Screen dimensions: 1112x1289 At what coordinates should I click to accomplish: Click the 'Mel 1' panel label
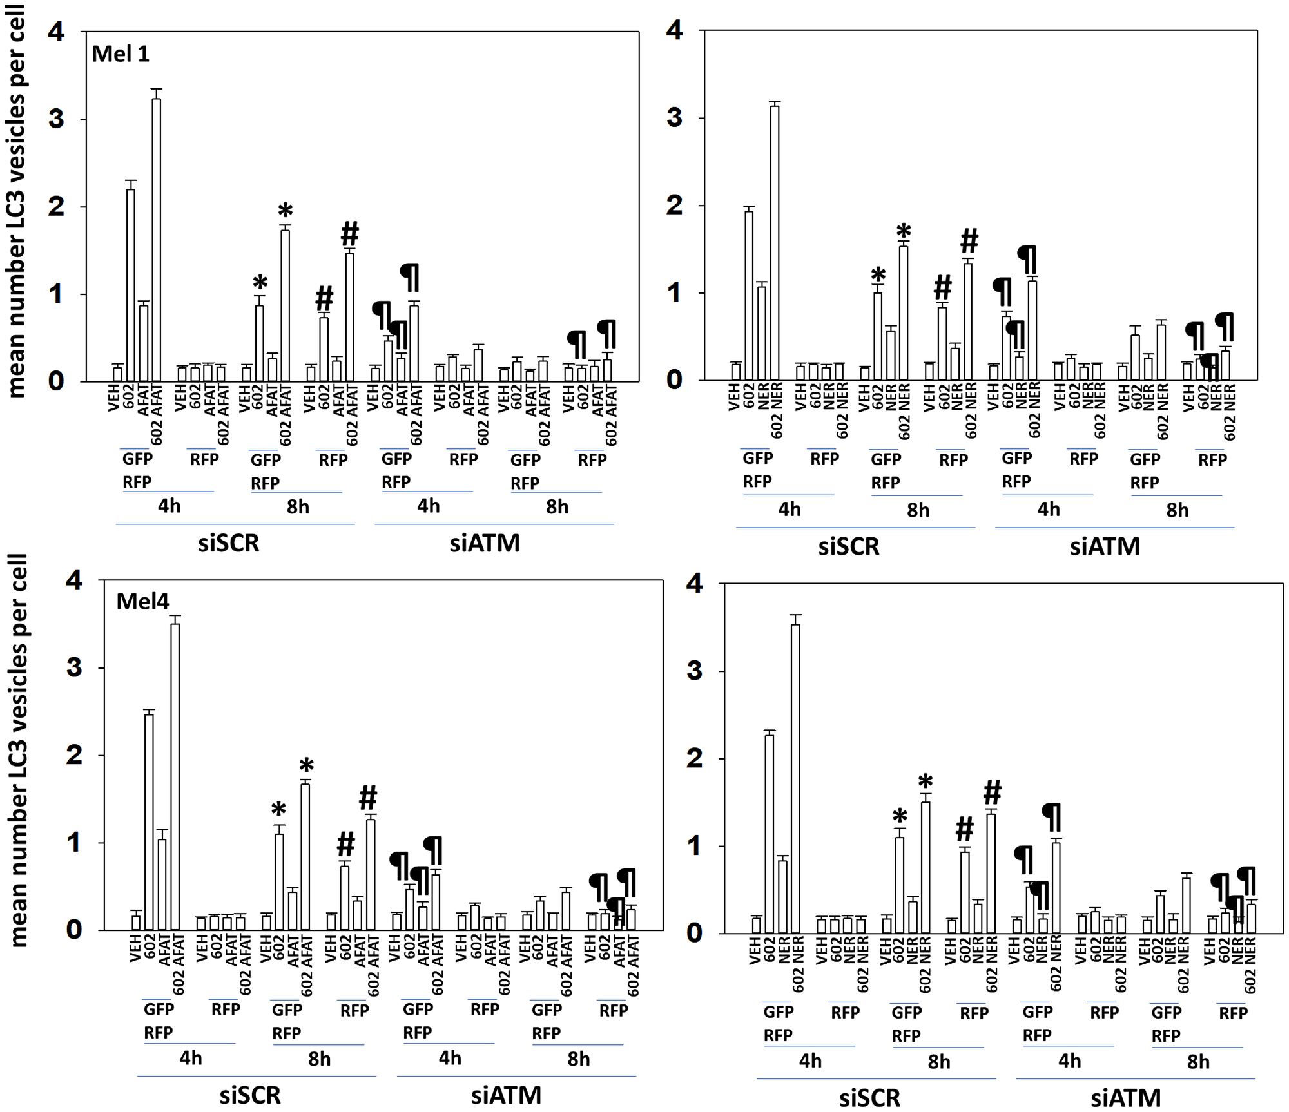[121, 54]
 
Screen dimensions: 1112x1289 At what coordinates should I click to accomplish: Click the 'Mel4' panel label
[142, 602]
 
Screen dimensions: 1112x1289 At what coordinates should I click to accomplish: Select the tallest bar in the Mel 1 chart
[156, 238]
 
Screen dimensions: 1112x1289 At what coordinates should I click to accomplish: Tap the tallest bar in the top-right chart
[775, 242]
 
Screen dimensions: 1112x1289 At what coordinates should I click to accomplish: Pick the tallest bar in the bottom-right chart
[795, 778]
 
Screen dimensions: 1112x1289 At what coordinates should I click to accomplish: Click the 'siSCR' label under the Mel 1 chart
[228, 543]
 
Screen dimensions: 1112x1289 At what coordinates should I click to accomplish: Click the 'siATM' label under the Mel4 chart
[506, 1095]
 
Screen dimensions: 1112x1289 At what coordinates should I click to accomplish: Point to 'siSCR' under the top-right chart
[848, 546]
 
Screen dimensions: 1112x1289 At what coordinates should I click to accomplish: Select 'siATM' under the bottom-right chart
[1125, 1098]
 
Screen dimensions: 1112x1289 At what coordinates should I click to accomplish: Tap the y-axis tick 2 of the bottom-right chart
[694, 758]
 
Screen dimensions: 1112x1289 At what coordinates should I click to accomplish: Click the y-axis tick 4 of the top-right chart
[674, 30]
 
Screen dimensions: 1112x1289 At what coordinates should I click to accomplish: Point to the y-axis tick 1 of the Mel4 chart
[75, 843]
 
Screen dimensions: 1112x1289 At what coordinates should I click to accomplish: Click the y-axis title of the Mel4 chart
[19, 751]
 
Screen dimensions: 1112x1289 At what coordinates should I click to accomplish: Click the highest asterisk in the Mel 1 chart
[286, 211]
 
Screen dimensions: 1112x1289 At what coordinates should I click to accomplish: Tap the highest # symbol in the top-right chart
[969, 241]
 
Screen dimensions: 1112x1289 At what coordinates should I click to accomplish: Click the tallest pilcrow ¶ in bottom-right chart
[1052, 817]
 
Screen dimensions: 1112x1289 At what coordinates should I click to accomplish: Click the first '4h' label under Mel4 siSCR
[191, 1059]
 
